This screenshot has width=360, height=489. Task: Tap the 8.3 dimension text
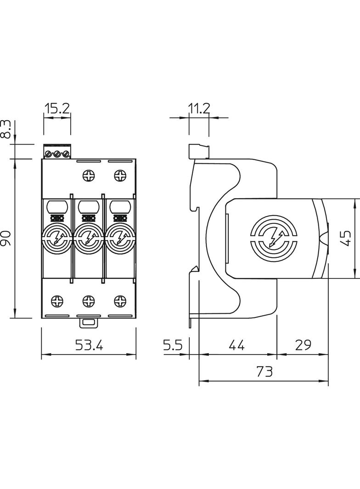6,130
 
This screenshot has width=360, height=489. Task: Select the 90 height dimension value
6,239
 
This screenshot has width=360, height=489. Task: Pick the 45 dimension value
347,238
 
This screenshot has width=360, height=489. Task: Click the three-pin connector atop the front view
57,152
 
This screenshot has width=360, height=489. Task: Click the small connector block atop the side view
199,151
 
